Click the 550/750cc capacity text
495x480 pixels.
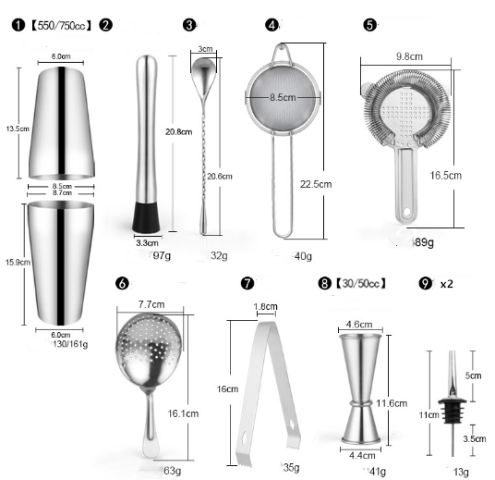pyautogui.click(x=63, y=25)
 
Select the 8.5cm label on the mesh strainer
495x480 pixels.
pyautogui.click(x=283, y=96)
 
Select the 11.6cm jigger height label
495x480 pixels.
pyautogui.click(x=392, y=403)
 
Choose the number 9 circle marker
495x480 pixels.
pyautogui.click(x=426, y=284)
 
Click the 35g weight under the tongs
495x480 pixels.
pyautogui.click(x=290, y=468)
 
